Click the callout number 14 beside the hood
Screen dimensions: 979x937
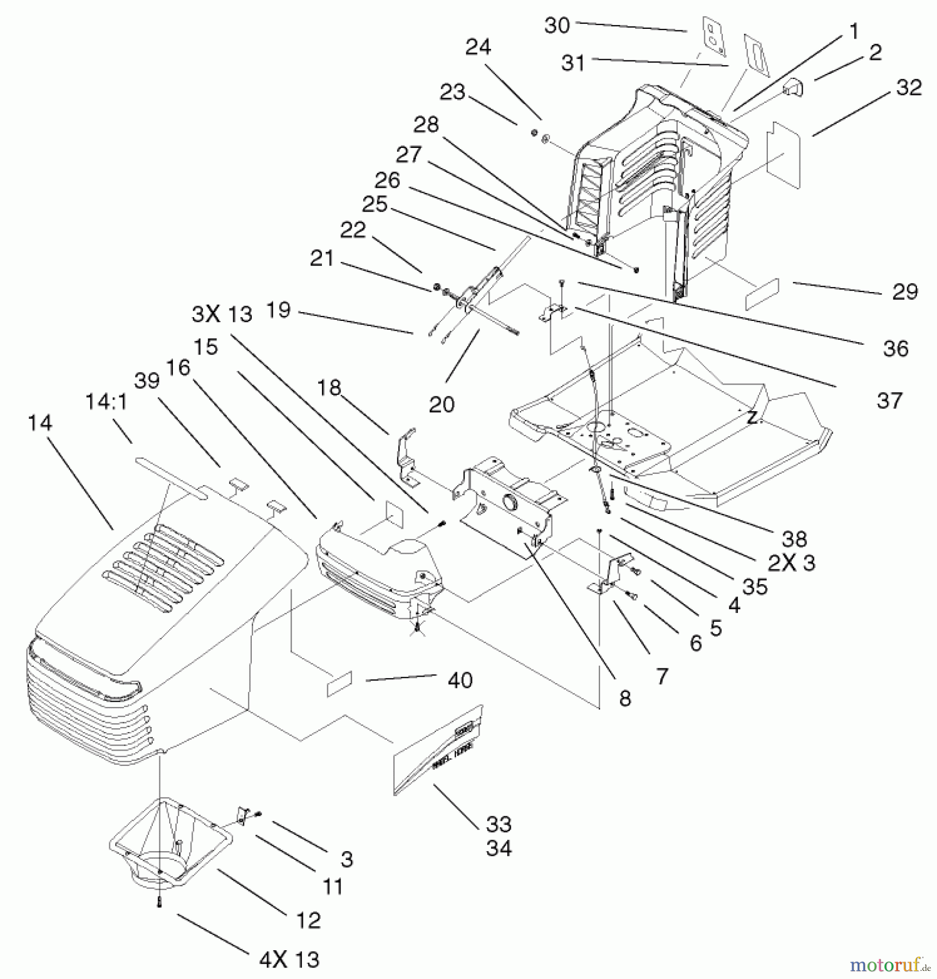point(40,423)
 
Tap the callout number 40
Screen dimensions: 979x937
point(460,680)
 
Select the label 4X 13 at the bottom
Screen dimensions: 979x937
point(289,960)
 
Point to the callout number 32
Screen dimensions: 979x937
point(909,88)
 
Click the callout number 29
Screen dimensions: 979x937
point(905,292)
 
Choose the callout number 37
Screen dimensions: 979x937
point(890,401)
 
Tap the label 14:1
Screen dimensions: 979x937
point(106,402)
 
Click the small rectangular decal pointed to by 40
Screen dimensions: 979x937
point(339,684)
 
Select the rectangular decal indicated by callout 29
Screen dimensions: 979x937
point(762,294)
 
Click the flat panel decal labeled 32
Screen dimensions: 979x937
point(784,155)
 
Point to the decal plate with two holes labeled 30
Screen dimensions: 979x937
point(714,36)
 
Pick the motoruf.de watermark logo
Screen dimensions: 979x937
point(889,965)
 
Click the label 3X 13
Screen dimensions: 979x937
point(222,314)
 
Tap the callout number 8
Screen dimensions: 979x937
point(625,699)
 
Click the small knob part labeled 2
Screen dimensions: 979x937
point(793,87)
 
